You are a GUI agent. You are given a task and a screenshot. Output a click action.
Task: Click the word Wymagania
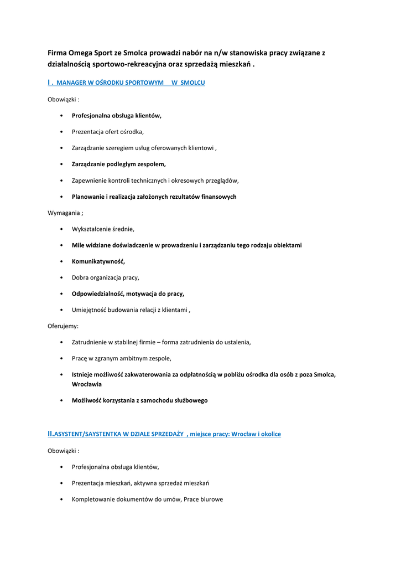point(64,213)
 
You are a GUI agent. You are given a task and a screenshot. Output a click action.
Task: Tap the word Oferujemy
point(63,326)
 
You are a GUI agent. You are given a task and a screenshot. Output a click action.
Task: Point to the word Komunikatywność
point(98,261)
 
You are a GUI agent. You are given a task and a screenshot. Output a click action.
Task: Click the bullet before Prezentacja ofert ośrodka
point(60,132)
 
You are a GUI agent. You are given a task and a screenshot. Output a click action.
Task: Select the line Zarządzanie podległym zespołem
point(118,164)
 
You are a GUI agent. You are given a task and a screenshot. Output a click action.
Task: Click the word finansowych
point(218,197)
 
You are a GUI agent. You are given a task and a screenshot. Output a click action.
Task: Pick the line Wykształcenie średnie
point(103,229)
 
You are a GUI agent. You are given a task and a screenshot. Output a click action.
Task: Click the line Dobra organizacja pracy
point(105,277)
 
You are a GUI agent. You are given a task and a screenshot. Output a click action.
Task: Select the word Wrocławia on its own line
point(87,384)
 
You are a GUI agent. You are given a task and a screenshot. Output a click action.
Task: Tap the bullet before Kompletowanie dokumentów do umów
point(60,499)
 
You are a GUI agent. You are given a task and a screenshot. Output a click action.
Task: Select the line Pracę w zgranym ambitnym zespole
point(121,358)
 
